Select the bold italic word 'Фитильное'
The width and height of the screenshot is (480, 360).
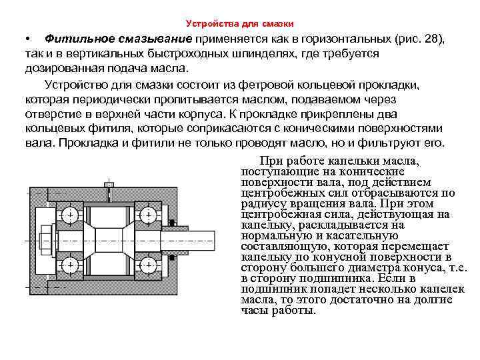(x=78, y=40)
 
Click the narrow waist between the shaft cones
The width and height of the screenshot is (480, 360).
(x=109, y=239)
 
